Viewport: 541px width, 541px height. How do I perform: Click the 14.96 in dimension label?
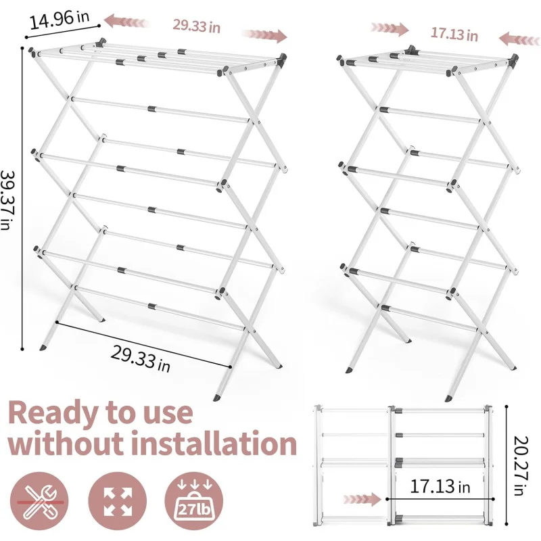[x=60, y=20]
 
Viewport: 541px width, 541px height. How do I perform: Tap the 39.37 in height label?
[x=7, y=199]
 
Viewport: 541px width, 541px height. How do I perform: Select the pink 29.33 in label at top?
[x=196, y=26]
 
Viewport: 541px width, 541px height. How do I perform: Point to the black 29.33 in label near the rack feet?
[x=141, y=359]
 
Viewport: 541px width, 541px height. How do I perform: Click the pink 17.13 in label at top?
[x=454, y=34]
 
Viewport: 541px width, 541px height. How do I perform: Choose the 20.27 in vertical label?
[x=521, y=466]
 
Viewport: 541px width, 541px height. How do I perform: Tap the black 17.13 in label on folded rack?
[x=440, y=486]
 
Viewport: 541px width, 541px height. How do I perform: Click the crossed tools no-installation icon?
[x=39, y=501]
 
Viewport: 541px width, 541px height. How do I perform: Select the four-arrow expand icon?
[x=117, y=501]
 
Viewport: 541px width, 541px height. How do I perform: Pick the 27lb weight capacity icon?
[x=194, y=501]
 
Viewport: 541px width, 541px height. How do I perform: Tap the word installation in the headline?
[x=214, y=443]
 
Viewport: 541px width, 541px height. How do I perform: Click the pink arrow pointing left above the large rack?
[x=126, y=22]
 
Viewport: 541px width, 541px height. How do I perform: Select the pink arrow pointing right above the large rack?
[x=264, y=35]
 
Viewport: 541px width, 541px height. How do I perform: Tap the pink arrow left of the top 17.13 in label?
[x=390, y=29]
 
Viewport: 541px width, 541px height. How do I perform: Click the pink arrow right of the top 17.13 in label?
[x=519, y=39]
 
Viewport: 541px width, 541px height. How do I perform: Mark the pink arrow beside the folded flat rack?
[x=362, y=499]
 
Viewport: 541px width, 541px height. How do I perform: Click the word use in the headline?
[x=167, y=415]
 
